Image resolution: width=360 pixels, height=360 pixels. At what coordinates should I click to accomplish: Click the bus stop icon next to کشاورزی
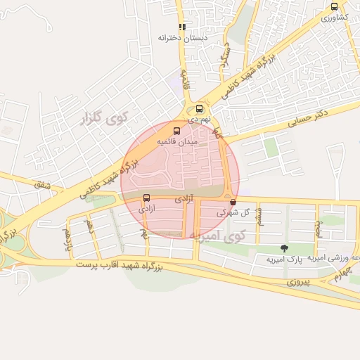(334, 6)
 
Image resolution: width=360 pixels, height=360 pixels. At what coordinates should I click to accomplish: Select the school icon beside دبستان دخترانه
(183, 27)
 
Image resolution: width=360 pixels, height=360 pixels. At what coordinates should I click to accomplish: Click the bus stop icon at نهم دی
(200, 108)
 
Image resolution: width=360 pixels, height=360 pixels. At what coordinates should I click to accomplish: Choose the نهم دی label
(200, 120)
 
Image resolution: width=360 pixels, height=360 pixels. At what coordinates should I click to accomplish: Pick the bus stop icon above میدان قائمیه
(176, 130)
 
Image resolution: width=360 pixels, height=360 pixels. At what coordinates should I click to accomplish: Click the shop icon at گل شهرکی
(233, 201)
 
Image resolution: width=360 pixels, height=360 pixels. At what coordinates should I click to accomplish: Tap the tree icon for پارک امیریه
(284, 248)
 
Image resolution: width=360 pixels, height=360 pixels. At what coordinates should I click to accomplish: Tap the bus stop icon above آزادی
(146, 198)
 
